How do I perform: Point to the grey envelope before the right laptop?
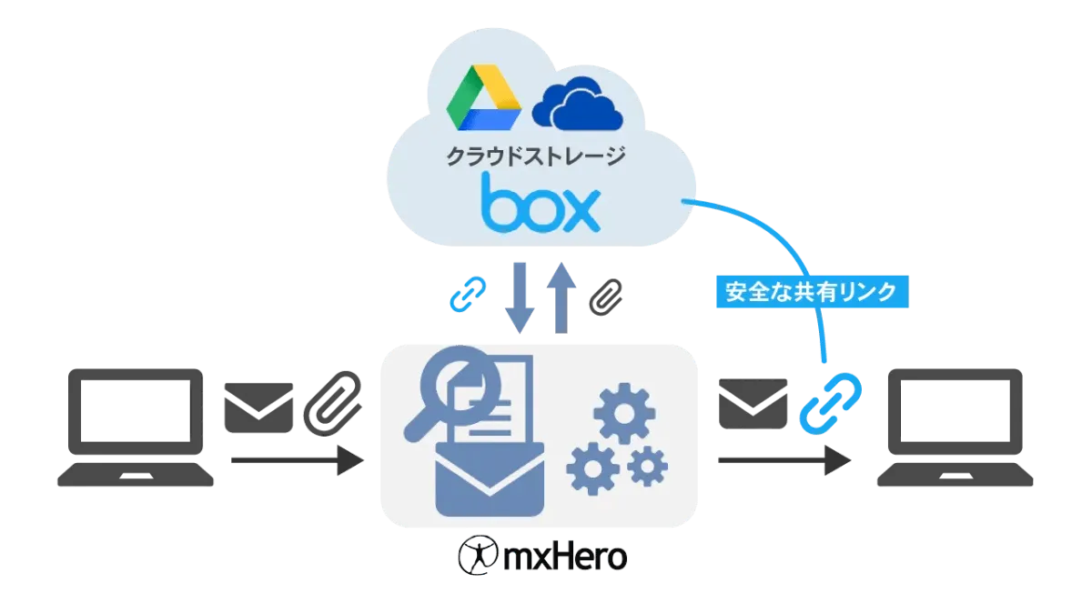click(751, 404)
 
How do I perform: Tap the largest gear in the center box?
click(624, 413)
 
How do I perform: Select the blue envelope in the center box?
click(490, 479)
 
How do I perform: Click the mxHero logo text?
click(544, 554)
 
